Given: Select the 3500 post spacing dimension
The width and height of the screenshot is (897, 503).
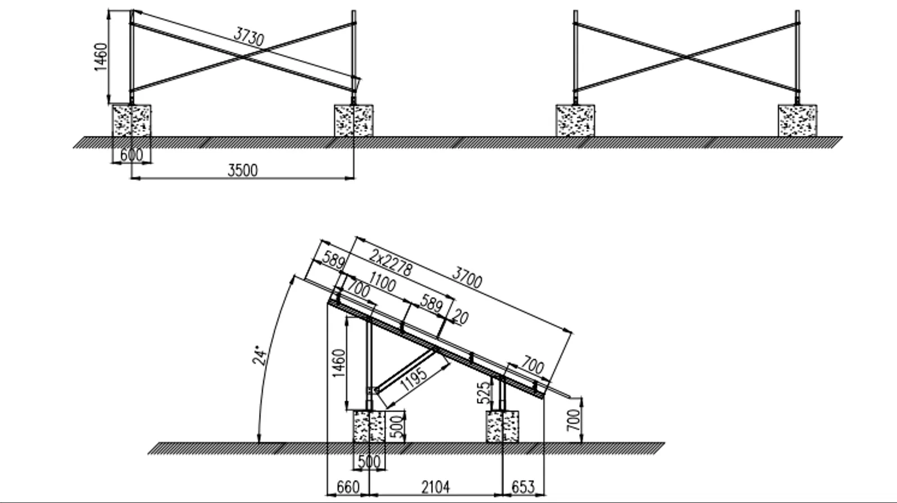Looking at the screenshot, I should coord(243,170).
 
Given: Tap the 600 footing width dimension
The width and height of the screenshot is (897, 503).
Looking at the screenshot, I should coord(131,154).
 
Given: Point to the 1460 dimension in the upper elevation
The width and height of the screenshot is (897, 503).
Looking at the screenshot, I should coord(101,57).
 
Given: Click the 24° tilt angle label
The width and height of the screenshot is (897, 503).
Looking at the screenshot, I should coord(259,356).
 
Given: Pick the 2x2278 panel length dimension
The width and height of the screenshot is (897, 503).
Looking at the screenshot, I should coord(391,262).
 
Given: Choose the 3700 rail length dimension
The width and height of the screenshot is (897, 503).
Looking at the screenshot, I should coord(467,278).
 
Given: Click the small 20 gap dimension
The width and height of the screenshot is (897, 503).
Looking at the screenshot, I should coord(460,318).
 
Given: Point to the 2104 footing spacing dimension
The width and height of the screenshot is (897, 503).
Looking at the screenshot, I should coord(435,487).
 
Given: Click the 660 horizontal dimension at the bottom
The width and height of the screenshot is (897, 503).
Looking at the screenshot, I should coord(347,487).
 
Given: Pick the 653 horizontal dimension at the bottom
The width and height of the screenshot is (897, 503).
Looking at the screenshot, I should coord(523,487).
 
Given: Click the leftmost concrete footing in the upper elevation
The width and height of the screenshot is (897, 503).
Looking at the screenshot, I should coord(132,120).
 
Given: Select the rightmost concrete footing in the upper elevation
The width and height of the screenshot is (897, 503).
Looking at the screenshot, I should coord(797,120).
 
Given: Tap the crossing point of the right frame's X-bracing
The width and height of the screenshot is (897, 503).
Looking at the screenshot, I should coord(686,57).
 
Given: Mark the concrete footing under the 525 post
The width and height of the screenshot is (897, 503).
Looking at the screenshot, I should coord(502,427).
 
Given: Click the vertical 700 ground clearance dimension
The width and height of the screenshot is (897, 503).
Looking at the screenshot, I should coord(573,420).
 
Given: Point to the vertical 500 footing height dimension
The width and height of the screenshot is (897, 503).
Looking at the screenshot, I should coord(397,427).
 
